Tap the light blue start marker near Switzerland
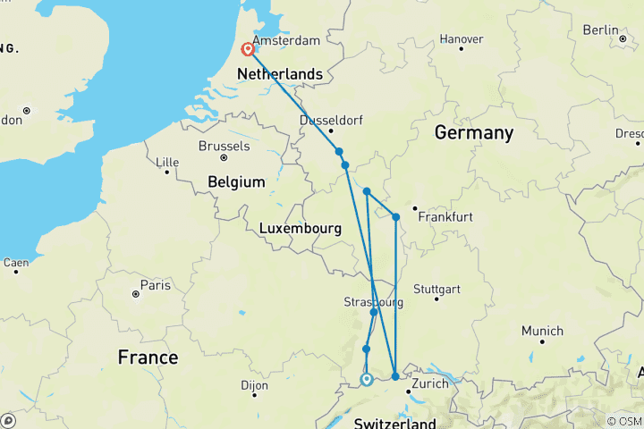pyautogui.click(x=366, y=380)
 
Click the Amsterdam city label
pyautogui.click(x=286, y=41)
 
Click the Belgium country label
pyautogui.click(x=236, y=181)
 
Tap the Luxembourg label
pyautogui.click(x=301, y=229)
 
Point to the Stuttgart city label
pyautogui.click(x=437, y=290)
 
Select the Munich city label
pyautogui.click(x=542, y=332)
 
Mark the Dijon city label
pyautogui.click(x=254, y=386)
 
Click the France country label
pyautogui.click(x=148, y=357)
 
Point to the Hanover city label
pyautogui.click(x=462, y=39)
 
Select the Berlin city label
pyautogui.click(x=600, y=29)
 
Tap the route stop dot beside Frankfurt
pyautogui.click(x=395, y=216)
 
